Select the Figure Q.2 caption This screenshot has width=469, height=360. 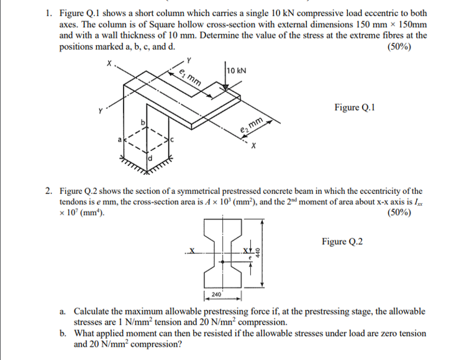342,241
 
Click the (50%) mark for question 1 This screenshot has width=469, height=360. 398,47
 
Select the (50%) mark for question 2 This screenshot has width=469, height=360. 398,213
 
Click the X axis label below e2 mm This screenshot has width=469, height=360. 253,147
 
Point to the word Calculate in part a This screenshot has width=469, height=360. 94,311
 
